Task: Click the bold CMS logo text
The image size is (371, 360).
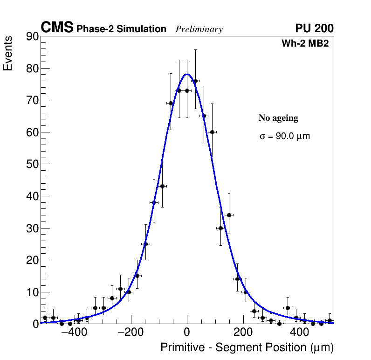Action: pyautogui.click(x=57, y=28)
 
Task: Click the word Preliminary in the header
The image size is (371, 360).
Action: pyautogui.click(x=199, y=29)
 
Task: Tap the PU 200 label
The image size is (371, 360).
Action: pyautogui.click(x=314, y=28)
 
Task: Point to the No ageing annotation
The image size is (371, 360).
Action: pyautogui.click(x=278, y=118)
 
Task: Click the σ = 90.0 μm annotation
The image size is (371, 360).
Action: pyautogui.click(x=284, y=137)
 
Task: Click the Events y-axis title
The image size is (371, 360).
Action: pyautogui.click(x=8, y=53)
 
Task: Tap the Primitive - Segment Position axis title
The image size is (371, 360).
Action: pyautogui.click(x=247, y=347)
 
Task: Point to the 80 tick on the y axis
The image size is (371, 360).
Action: pyautogui.click(x=31, y=69)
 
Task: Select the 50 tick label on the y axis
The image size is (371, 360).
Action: pyautogui.click(x=31, y=164)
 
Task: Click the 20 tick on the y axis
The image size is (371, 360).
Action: pyautogui.click(x=31, y=260)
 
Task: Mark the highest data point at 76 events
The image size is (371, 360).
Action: pyautogui.click(x=195, y=81)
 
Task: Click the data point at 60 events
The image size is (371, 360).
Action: pyautogui.click(x=212, y=132)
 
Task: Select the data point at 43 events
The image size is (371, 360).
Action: pyautogui.click(x=162, y=186)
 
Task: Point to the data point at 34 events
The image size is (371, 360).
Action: pyautogui.click(x=229, y=215)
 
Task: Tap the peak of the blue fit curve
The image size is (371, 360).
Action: pyautogui.click(x=187, y=74)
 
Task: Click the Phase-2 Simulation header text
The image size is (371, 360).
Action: pyautogui.click(x=121, y=29)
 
